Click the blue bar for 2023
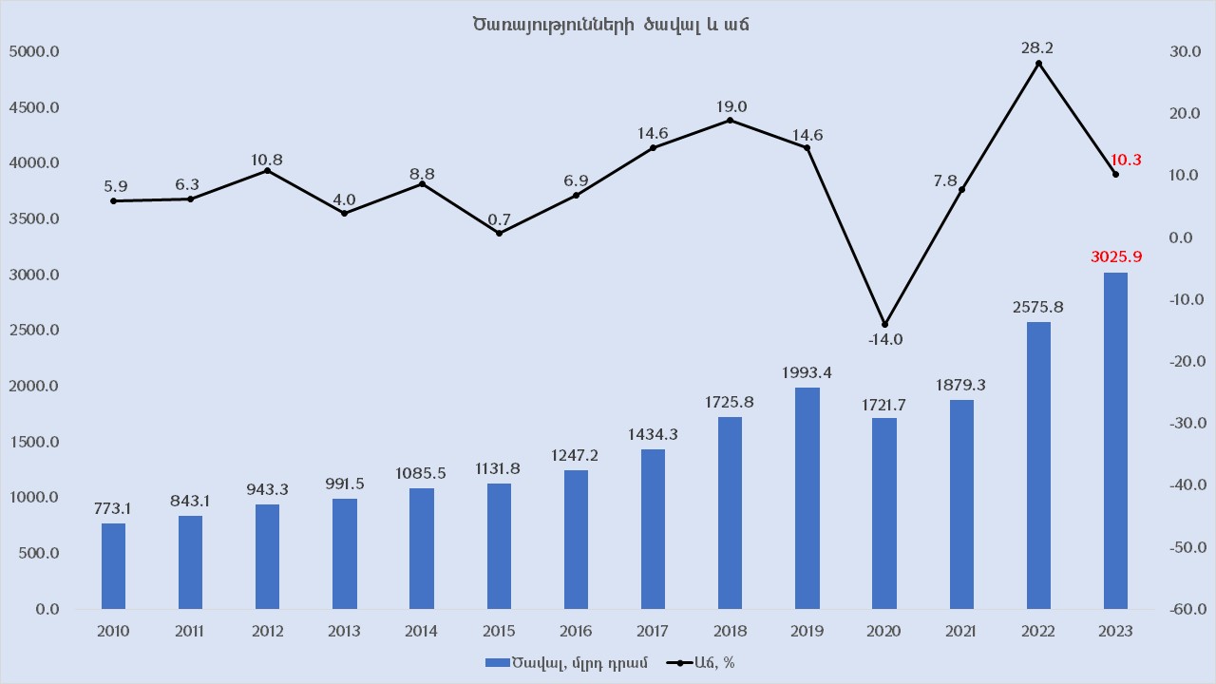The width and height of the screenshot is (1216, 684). coord(1115,441)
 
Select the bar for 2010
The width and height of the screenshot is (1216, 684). coord(113,566)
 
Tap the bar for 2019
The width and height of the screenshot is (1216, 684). coord(807,498)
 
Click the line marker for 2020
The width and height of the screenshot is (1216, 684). coord(884,324)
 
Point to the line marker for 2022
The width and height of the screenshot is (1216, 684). coord(1038,64)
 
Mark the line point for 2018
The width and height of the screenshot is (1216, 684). coord(730,120)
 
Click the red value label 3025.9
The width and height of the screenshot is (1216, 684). coord(1115,256)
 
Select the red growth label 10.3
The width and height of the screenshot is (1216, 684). coord(1127,160)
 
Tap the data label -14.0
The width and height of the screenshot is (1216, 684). coord(884,340)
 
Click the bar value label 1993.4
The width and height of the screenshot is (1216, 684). coord(807,372)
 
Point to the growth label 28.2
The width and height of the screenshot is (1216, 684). coord(1038,47)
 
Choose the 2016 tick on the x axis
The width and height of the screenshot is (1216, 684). coord(576,632)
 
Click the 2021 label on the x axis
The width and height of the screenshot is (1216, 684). coord(961,632)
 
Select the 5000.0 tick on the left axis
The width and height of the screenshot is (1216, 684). coord(34,51)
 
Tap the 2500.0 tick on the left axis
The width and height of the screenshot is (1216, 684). coord(34,331)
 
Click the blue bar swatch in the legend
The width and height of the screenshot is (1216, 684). coord(497,663)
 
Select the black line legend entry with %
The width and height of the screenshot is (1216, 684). coord(700,663)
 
